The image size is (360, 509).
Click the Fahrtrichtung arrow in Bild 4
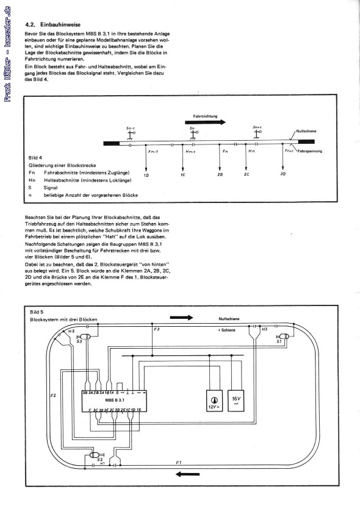point(205,122)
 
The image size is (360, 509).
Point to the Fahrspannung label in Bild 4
point(309,151)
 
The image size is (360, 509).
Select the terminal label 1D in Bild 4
point(146,175)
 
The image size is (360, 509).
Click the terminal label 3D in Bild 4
point(283,174)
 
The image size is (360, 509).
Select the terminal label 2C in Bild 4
point(246,174)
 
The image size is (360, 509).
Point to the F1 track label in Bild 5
point(178,463)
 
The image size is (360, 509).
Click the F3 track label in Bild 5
point(157,330)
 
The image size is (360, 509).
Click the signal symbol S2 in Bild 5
point(94,455)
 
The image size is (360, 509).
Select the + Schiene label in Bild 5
point(228,329)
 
